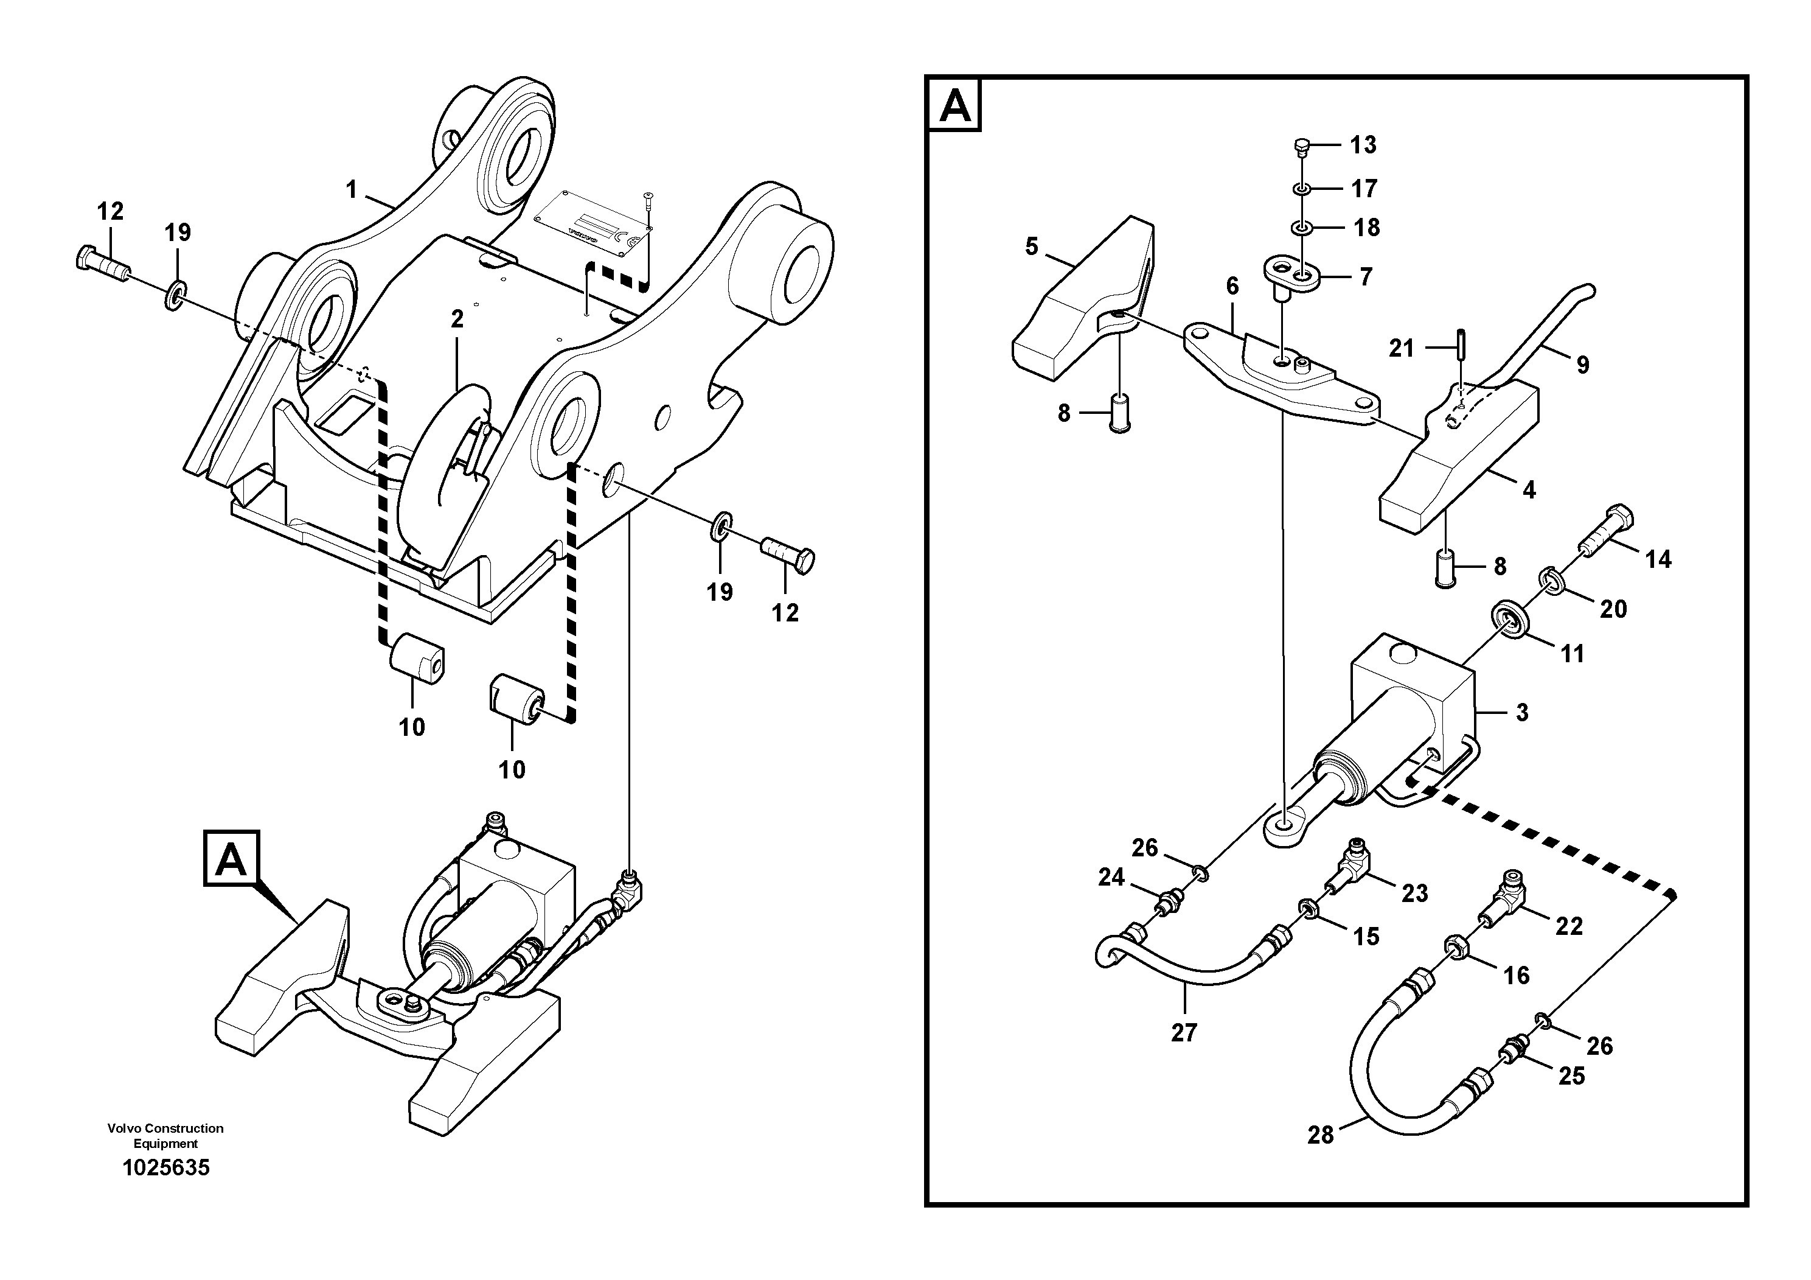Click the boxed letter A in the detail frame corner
click(x=955, y=104)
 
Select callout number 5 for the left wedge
click(x=1032, y=247)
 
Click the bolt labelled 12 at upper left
click(x=103, y=263)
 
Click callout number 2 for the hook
click(x=457, y=320)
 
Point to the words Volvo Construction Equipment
click(x=165, y=1136)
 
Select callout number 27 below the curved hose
click(x=1184, y=1032)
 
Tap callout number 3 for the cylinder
click(x=1521, y=713)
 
